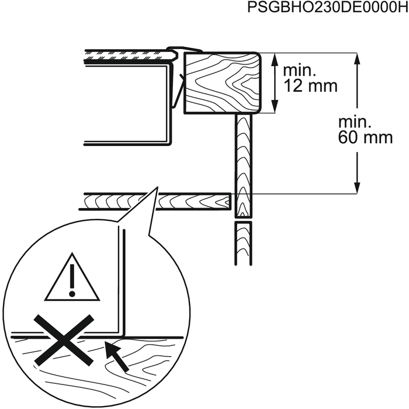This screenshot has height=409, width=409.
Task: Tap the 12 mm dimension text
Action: pyautogui.click(x=310, y=86)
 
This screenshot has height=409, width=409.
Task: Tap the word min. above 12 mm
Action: pyautogui.click(x=299, y=71)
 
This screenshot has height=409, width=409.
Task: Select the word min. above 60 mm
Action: pyautogui.click(x=354, y=123)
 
